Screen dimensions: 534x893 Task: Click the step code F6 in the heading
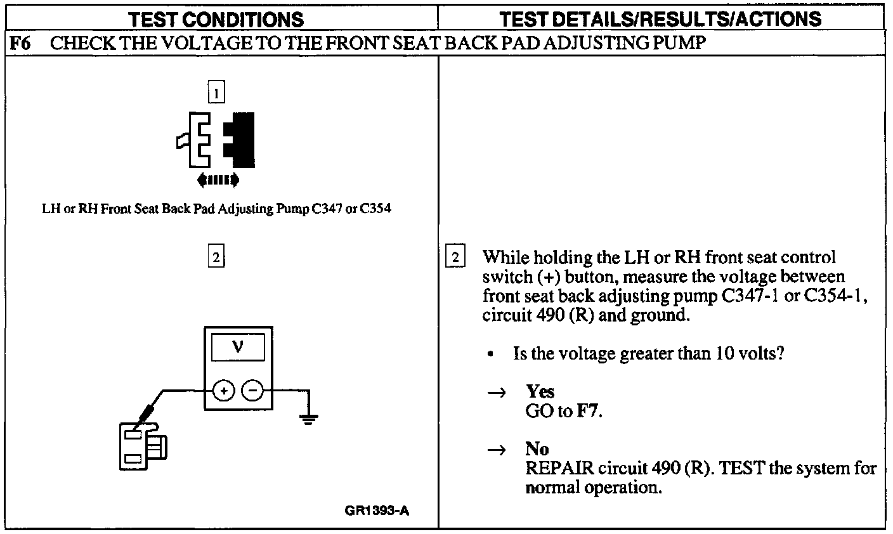coord(20,44)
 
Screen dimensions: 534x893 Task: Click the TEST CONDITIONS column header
coord(216,19)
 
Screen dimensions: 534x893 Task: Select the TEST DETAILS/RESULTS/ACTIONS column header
coord(660,18)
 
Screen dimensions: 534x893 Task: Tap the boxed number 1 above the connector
coord(216,94)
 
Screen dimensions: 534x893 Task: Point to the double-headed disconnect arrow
coord(218,179)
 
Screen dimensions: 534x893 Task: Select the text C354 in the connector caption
coord(375,209)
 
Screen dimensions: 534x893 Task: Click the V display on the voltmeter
coord(238,347)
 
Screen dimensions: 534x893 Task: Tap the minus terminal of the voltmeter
coord(253,392)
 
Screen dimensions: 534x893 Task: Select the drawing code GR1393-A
coord(377,511)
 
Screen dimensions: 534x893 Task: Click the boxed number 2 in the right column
coord(455,257)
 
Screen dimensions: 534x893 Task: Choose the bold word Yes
coord(540,391)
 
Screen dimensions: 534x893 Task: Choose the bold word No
coord(537,448)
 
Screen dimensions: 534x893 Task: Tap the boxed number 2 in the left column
coord(216,257)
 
